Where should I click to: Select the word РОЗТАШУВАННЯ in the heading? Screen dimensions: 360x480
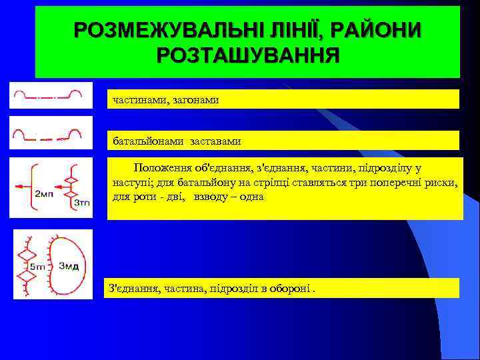point(248,55)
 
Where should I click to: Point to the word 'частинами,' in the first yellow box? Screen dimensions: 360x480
point(141,99)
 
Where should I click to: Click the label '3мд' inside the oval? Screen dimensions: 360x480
point(69,267)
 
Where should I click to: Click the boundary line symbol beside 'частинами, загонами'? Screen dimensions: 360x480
point(47,95)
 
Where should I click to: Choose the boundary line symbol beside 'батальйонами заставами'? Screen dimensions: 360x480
point(47,133)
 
